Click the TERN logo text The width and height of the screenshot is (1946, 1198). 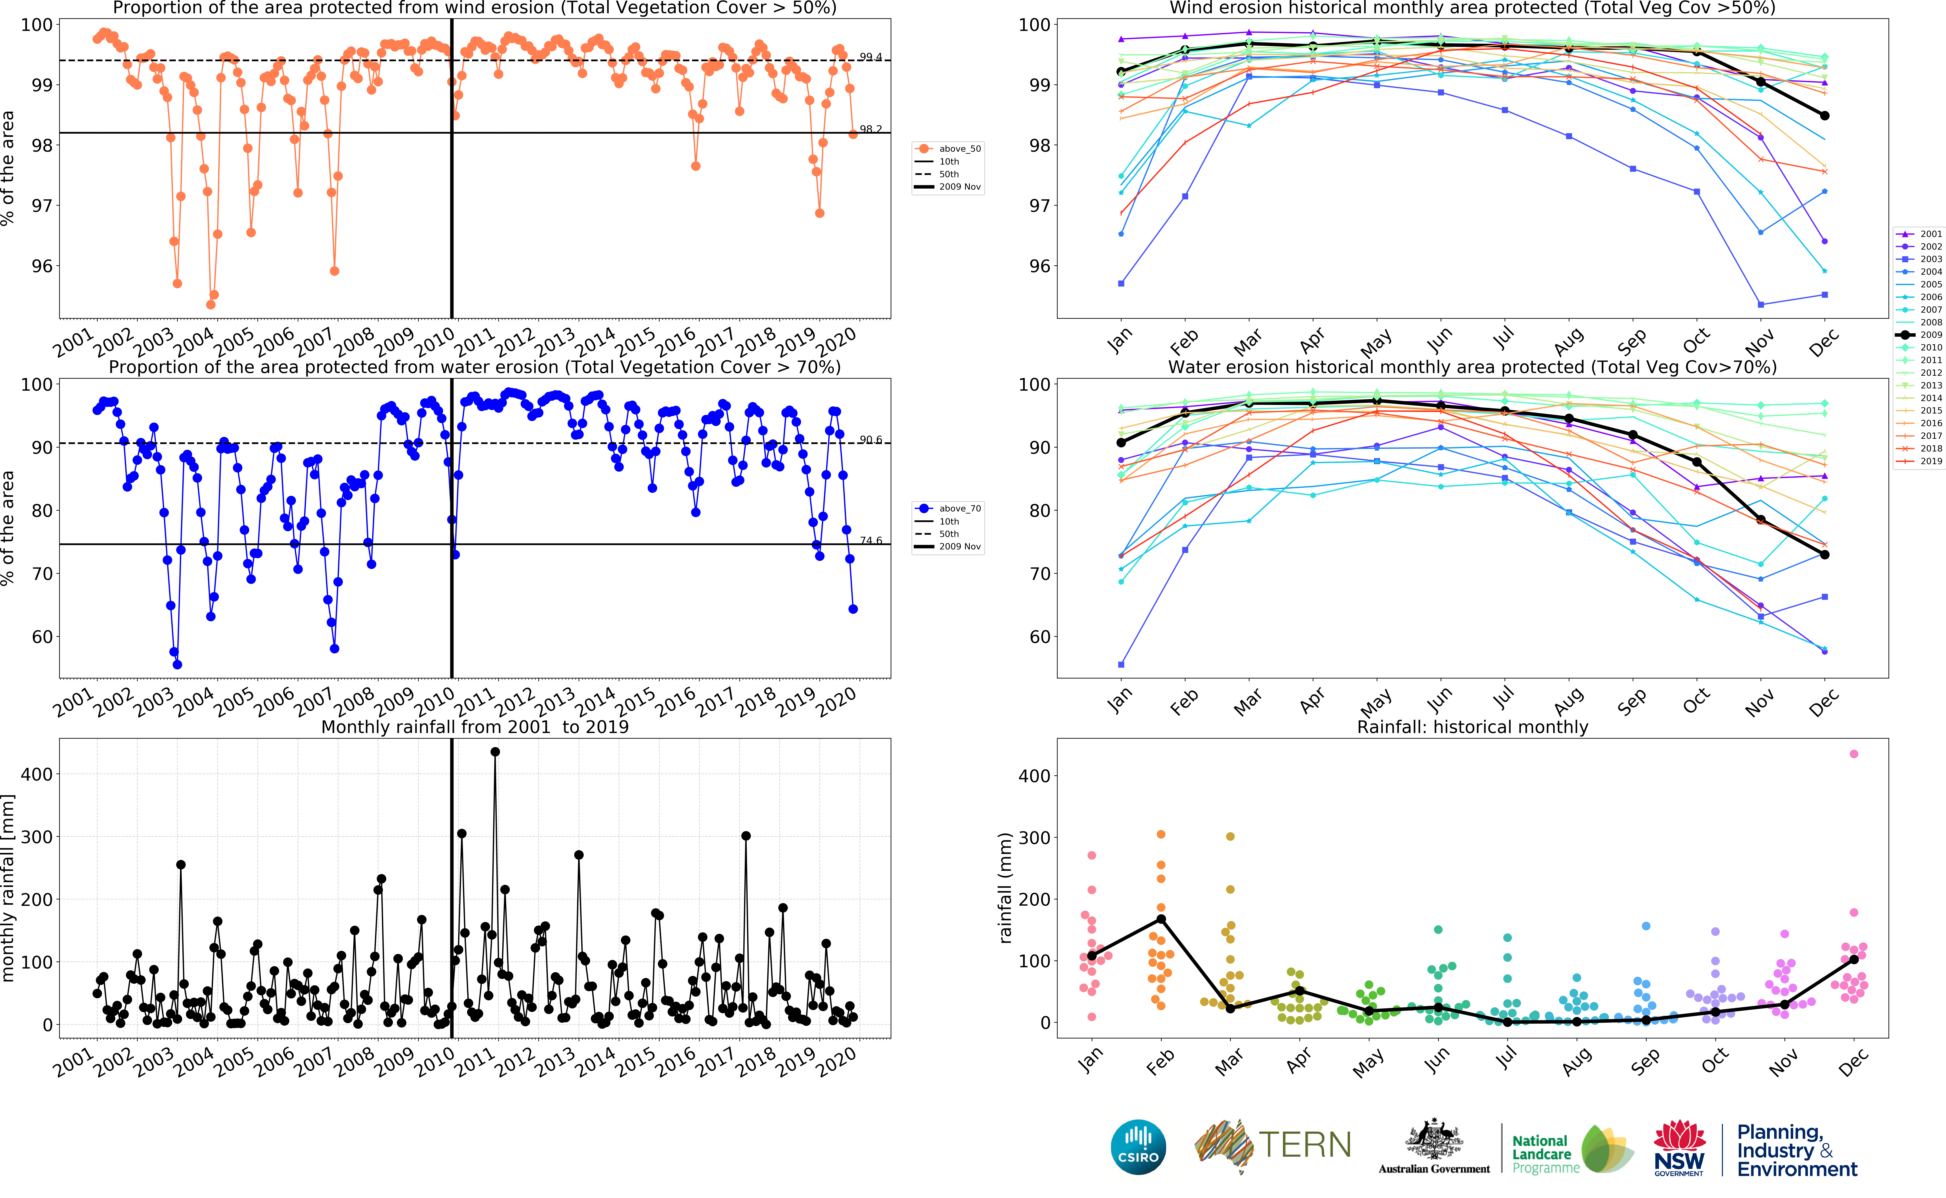coord(1305,1145)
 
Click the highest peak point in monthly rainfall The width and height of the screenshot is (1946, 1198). coord(495,752)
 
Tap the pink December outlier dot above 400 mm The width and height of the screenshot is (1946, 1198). coord(1853,754)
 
